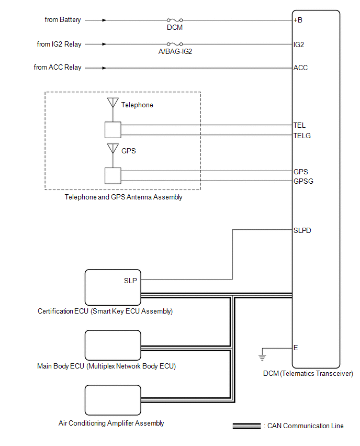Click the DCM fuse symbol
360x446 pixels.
click(x=174, y=20)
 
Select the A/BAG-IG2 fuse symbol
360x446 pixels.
click(x=174, y=44)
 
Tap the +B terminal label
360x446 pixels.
click(x=298, y=20)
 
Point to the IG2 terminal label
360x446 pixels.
click(x=299, y=44)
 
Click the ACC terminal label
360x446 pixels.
click(x=300, y=68)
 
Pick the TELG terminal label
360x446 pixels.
click(x=302, y=136)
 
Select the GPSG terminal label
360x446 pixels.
click(x=303, y=181)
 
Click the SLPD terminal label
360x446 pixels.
click(x=303, y=230)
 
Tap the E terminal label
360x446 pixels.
click(x=296, y=348)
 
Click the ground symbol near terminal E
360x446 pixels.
click(x=262, y=358)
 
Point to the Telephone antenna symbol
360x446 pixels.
click(x=113, y=103)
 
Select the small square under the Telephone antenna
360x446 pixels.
click(x=113, y=130)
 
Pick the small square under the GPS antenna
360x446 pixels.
click(x=113, y=176)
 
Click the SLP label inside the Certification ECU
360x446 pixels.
click(x=130, y=281)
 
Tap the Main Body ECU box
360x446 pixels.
click(x=113, y=345)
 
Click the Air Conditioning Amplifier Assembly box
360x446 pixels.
click(x=113, y=400)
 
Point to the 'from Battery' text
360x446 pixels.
click(x=63, y=20)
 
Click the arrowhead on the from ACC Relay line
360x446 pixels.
click(x=105, y=68)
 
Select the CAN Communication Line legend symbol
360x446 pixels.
click(x=246, y=426)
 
